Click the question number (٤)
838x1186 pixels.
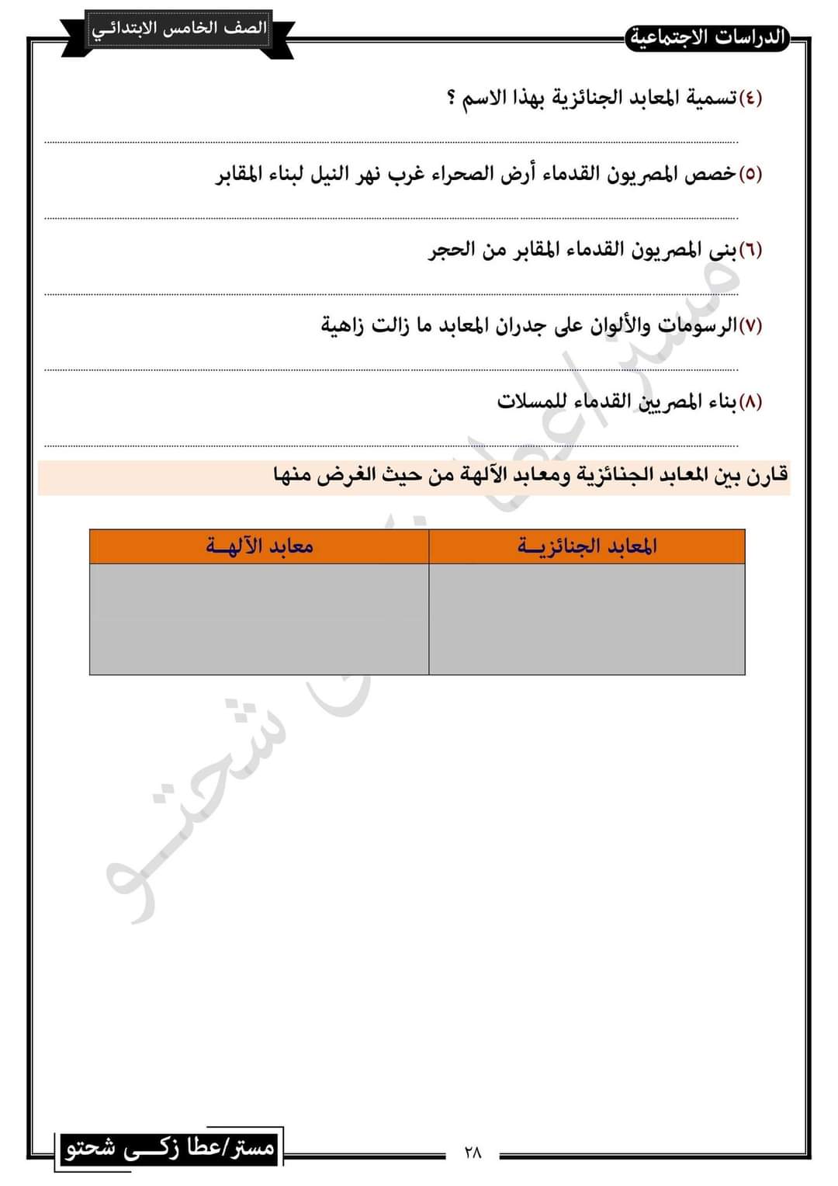750,99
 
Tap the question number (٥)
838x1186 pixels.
750,174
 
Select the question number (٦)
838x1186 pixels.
750,250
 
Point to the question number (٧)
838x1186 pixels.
750,325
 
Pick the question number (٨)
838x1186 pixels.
750,401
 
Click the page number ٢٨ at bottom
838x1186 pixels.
473,1153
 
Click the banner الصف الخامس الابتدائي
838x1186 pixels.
179,29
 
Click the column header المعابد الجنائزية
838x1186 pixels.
587,546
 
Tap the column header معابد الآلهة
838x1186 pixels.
259,546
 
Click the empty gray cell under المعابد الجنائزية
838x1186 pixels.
587,619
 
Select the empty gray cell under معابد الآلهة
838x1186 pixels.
259,619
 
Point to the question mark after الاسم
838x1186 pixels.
452,99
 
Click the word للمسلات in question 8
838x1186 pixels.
525,401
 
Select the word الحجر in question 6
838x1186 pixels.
451,250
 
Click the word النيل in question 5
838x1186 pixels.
331,174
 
